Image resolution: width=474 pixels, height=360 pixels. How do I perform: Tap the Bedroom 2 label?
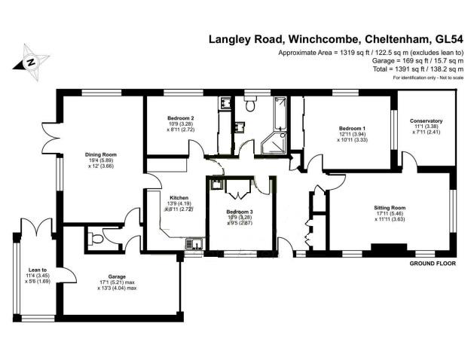[x=180, y=118]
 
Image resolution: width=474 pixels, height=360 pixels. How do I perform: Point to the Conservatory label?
[x=426, y=121]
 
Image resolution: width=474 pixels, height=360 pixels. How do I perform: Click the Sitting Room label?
[x=390, y=207]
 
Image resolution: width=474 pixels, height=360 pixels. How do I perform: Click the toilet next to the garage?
[x=93, y=239]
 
